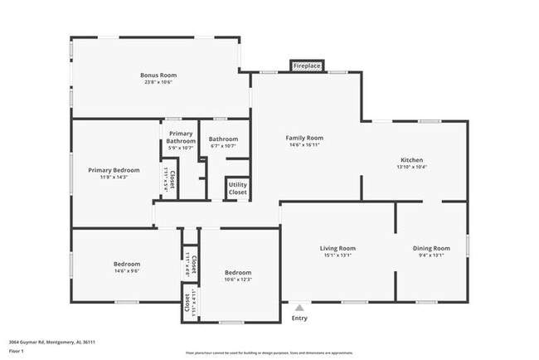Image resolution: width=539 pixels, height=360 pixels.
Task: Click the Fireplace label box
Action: [x=307, y=66]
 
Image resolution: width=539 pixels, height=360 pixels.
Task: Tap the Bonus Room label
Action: [x=158, y=75]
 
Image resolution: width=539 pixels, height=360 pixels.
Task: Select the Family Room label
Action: [x=304, y=138]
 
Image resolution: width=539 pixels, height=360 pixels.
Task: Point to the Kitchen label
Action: [x=411, y=160]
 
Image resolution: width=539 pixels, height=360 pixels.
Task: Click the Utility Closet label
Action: [x=237, y=188]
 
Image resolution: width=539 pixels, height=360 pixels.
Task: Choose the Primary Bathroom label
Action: [x=181, y=137]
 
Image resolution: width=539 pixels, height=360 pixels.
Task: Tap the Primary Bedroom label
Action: [x=114, y=170]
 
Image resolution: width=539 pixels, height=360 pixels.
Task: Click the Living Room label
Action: [x=337, y=248]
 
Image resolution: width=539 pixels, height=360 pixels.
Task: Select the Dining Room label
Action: [x=431, y=248]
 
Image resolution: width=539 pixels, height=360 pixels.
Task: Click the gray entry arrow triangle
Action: [x=299, y=308]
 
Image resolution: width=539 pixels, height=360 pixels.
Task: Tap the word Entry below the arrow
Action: [x=299, y=319]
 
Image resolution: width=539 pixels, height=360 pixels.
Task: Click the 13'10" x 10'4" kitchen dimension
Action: [x=411, y=168]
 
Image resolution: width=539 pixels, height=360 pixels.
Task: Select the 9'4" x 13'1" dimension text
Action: [x=431, y=255]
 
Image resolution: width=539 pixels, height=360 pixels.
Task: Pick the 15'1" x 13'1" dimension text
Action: [x=337, y=255]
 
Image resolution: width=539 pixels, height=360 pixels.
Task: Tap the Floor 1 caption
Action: [x=17, y=351]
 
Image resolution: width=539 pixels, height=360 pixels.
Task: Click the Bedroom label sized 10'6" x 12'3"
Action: [x=238, y=272]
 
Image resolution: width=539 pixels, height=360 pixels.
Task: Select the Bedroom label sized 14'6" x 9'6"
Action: [x=127, y=265]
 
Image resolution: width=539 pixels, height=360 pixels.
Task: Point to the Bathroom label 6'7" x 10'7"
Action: [x=223, y=139]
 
